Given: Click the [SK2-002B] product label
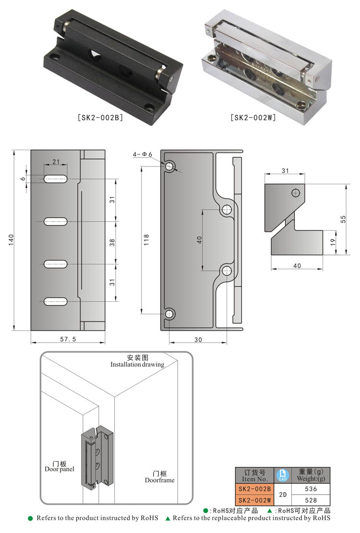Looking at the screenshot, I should tap(100, 117).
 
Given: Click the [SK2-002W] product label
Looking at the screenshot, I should tap(253, 117).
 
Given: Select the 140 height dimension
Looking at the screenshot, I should tap(11, 240).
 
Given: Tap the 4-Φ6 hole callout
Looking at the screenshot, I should tap(142, 154).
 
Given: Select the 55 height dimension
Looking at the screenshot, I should tap(343, 219).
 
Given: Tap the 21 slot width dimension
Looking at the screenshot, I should tap(56, 162).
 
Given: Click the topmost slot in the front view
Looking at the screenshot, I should tap(56, 179).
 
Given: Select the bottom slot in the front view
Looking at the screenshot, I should tap(56, 302).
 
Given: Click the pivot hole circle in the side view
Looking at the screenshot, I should tap(296, 193).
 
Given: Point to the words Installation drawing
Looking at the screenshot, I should tap(137, 365).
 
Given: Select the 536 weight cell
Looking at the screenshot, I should tap(311, 489).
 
